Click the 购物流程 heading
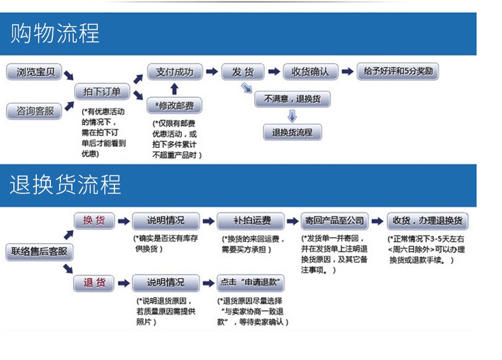point(55,33)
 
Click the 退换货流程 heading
point(65,184)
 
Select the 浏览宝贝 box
point(35,72)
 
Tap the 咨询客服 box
point(35,111)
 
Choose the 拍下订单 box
point(102,92)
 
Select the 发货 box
point(243,72)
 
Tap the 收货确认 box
point(310,72)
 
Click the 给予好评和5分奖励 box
point(398,71)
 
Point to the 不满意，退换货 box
point(292,99)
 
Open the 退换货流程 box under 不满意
point(292,132)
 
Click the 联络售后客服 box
point(39,251)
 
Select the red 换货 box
point(94,221)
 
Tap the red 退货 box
point(94,282)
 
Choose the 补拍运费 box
point(249,221)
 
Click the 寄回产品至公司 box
point(334,221)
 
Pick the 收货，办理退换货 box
point(428,221)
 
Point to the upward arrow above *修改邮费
point(175,88)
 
